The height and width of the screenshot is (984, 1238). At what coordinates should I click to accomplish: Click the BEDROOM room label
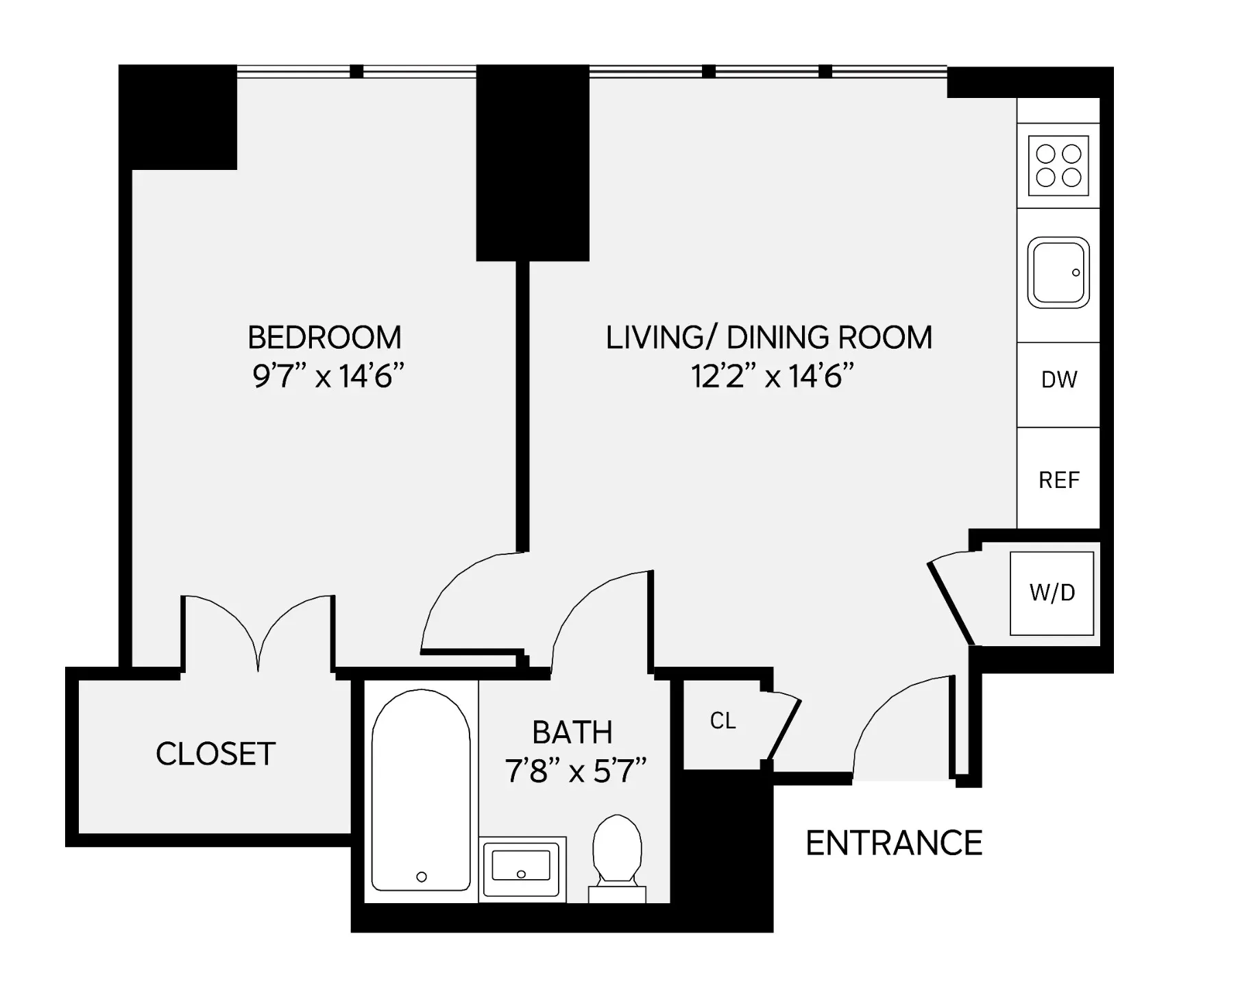tap(324, 338)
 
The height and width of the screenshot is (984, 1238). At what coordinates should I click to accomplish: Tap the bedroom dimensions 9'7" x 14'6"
tap(328, 376)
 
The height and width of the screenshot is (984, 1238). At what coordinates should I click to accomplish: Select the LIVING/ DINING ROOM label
tap(768, 338)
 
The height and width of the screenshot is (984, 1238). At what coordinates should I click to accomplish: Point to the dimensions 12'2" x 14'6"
tap(772, 376)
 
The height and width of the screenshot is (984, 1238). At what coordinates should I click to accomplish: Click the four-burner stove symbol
tap(1058, 166)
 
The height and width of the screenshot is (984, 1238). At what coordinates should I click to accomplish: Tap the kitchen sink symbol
tap(1058, 273)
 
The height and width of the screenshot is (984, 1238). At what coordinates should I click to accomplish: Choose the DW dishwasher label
tap(1059, 380)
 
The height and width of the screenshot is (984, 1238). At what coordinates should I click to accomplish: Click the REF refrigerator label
tap(1059, 480)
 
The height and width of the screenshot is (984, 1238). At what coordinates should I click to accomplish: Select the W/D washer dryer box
tap(1052, 593)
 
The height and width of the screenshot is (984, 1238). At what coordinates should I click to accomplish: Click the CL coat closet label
tap(723, 721)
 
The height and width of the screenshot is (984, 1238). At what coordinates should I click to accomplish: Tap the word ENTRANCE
tap(893, 843)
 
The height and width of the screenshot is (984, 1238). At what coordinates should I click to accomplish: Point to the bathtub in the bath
tap(421, 788)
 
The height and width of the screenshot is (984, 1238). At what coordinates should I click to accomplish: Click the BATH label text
tap(572, 733)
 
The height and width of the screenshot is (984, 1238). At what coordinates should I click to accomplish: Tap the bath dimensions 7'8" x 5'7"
tap(576, 772)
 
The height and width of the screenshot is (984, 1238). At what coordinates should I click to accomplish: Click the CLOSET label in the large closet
tap(215, 754)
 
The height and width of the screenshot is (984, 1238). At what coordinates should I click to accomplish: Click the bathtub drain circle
tap(422, 876)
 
